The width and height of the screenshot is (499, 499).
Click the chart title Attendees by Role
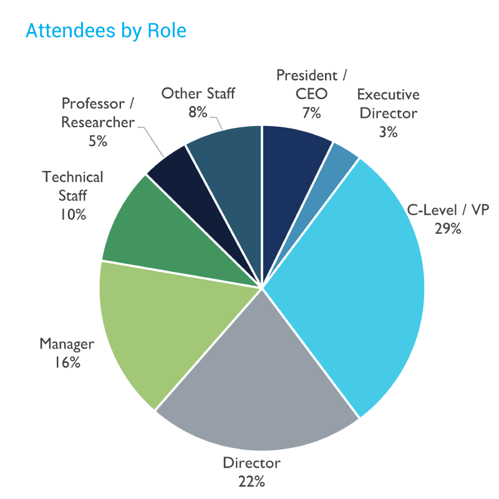click(105, 30)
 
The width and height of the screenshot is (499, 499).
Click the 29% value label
click(448, 228)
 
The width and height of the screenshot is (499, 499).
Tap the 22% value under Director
click(251, 481)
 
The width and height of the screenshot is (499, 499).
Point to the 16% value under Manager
click(67, 362)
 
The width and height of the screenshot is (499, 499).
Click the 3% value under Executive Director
click(388, 132)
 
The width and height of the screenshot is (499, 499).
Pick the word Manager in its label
click(67, 344)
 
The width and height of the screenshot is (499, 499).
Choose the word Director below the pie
click(251, 463)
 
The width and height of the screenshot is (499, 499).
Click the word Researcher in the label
click(97, 122)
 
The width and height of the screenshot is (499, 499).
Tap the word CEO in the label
click(311, 95)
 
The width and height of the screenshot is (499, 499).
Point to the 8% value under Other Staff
click(198, 112)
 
